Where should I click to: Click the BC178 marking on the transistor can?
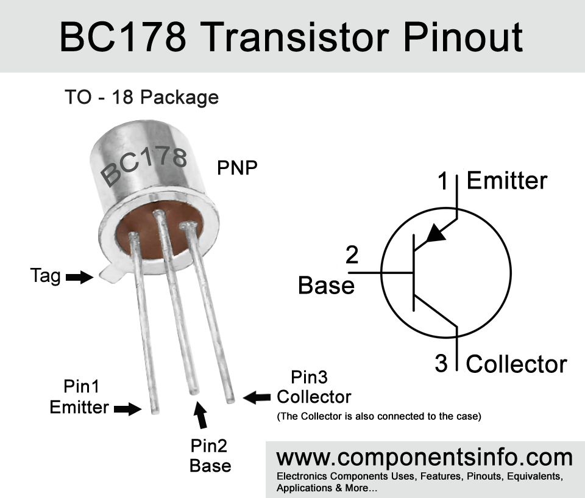click(144, 166)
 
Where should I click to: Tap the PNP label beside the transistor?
click(237, 168)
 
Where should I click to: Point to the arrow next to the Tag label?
click(79, 277)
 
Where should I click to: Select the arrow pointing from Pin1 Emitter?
click(127, 409)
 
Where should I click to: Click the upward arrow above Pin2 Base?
click(200, 414)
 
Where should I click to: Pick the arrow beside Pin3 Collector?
click(257, 397)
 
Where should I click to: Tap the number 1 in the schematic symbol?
click(443, 181)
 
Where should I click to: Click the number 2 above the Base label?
click(352, 254)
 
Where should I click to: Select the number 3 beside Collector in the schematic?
click(441, 363)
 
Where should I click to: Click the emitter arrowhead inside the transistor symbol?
click(435, 234)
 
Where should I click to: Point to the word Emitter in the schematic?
click(507, 181)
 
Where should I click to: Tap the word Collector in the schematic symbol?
click(517, 364)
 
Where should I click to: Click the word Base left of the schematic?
click(326, 286)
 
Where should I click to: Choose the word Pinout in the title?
click(463, 37)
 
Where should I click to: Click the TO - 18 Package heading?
click(142, 98)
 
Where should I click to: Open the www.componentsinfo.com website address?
click(424, 458)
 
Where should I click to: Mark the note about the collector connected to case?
click(379, 416)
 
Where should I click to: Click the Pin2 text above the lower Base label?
click(208, 446)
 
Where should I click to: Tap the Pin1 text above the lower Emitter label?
click(81, 386)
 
